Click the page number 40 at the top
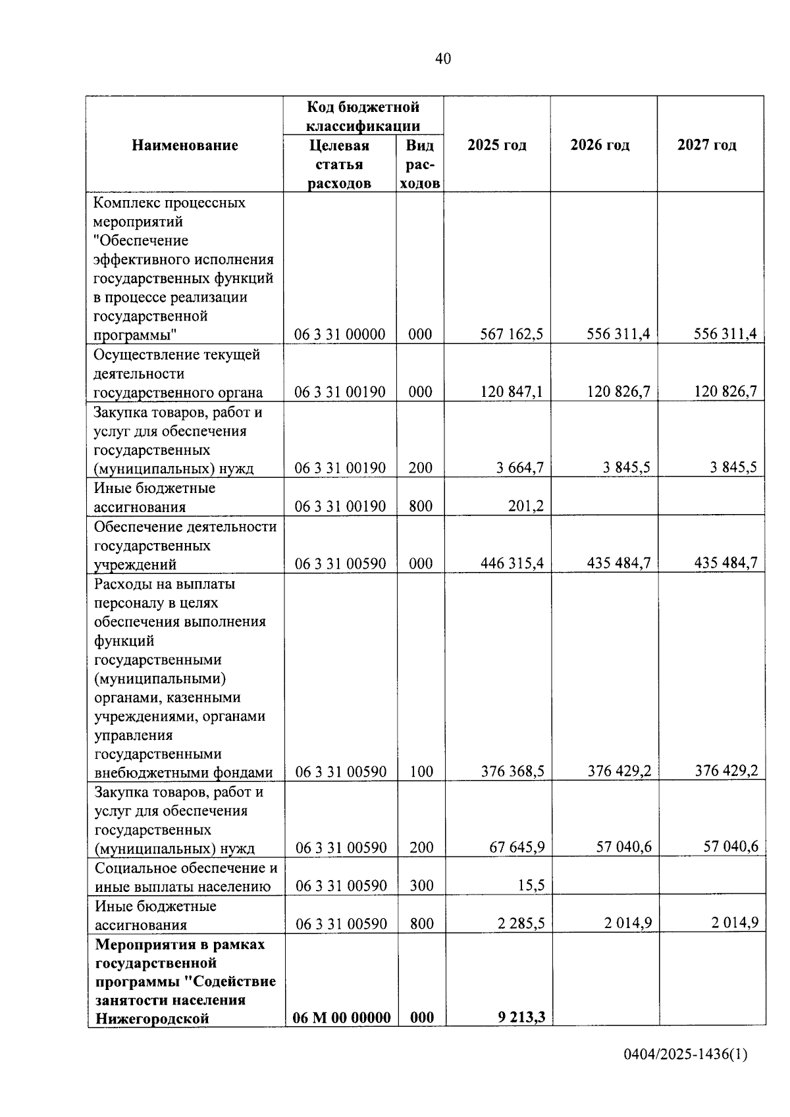pos(443,59)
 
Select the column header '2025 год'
pos(497,145)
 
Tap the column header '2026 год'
pos(600,145)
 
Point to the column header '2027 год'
pos(706,145)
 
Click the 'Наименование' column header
pos(184,145)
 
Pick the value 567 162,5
pos(512,334)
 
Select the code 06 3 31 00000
pos(340,334)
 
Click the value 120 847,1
pos(512,392)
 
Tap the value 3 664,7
pos(520,468)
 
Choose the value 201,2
pos(525,506)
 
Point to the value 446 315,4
pos(512,563)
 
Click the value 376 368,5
pos(512,771)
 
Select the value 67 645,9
pos(517,847)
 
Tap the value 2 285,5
pos(521,923)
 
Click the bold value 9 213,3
pos(521,1018)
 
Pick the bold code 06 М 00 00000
pos(342,1018)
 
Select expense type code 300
pos(421,885)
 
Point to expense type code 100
pos(421,771)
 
